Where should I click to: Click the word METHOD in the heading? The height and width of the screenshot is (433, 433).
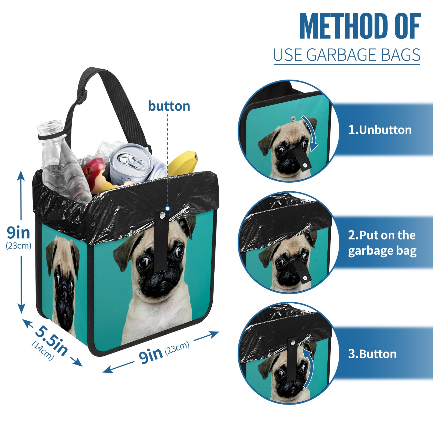(343, 26)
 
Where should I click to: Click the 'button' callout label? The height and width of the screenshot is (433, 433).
(169, 106)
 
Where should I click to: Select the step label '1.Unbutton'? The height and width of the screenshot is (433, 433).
(380, 130)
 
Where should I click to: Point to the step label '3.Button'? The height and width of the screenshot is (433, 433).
(372, 354)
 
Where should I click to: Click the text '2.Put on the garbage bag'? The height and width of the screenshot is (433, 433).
(382, 243)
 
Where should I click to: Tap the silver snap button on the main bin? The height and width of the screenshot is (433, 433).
(162, 215)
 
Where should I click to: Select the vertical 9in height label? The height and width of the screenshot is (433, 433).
(18, 232)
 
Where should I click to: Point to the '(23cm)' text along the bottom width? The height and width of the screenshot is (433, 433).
(177, 348)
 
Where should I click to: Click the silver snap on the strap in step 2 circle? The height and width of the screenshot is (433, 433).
(305, 278)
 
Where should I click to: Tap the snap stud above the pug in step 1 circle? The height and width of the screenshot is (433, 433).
(293, 118)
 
